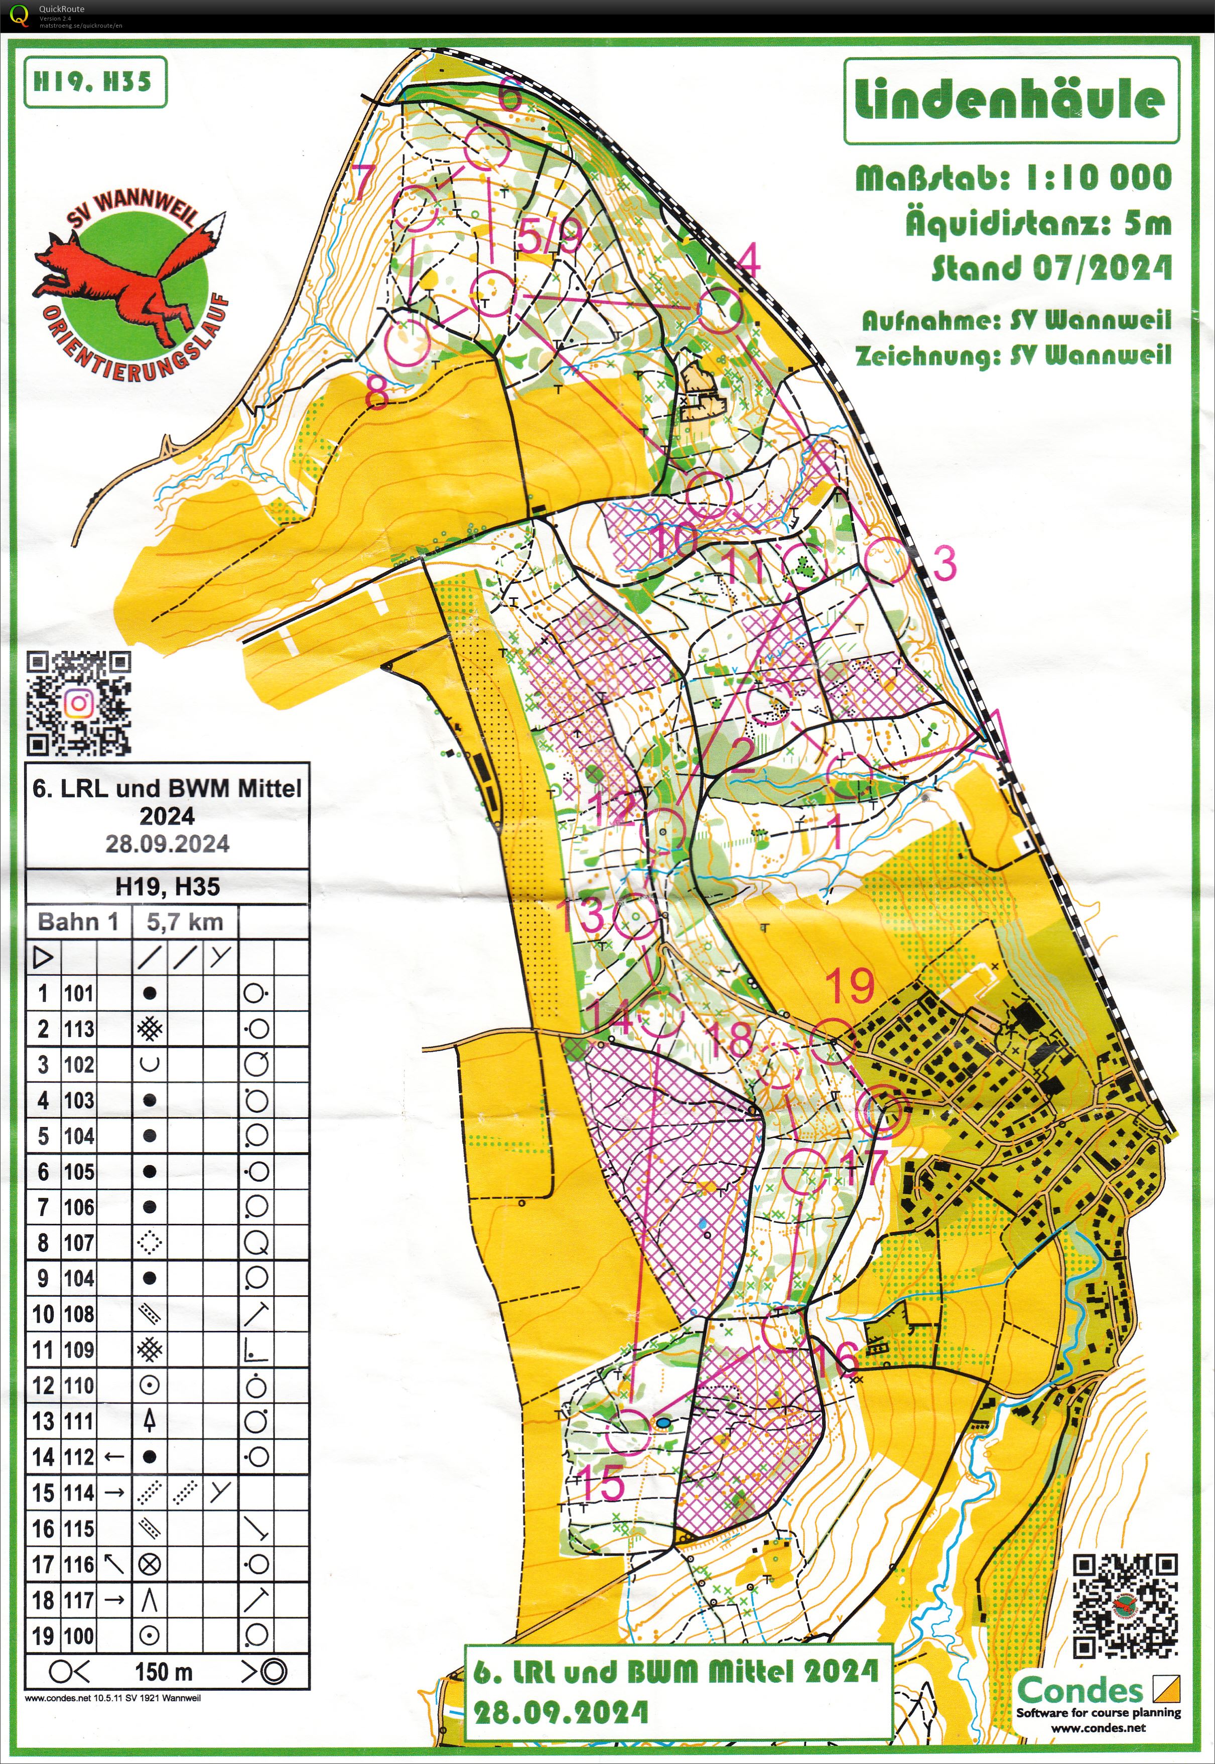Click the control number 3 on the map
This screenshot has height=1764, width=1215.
click(944, 563)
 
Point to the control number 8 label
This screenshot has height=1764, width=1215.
click(377, 394)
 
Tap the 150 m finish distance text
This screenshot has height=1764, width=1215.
click(164, 1672)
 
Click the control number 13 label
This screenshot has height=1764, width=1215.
click(581, 914)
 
